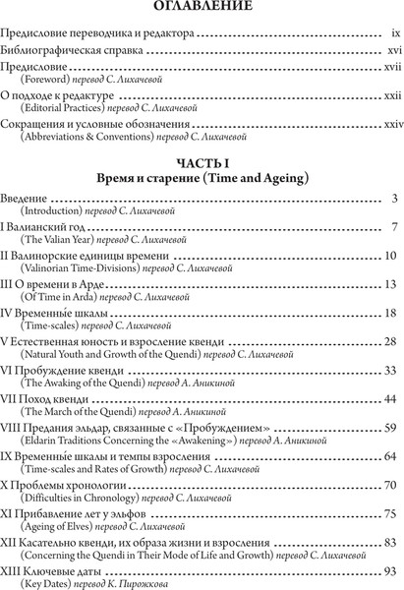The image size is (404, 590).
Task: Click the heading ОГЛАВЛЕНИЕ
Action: (x=201, y=12)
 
